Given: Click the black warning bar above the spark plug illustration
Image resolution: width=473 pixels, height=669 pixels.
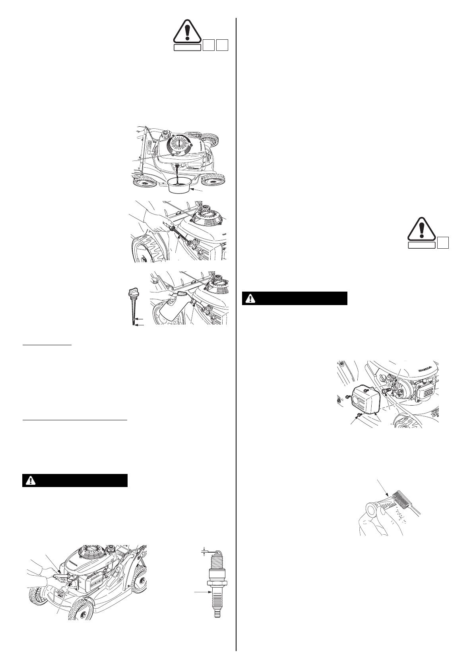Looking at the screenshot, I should click(x=75, y=480).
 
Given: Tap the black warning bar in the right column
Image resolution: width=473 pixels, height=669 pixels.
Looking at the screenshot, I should click(x=295, y=298).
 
